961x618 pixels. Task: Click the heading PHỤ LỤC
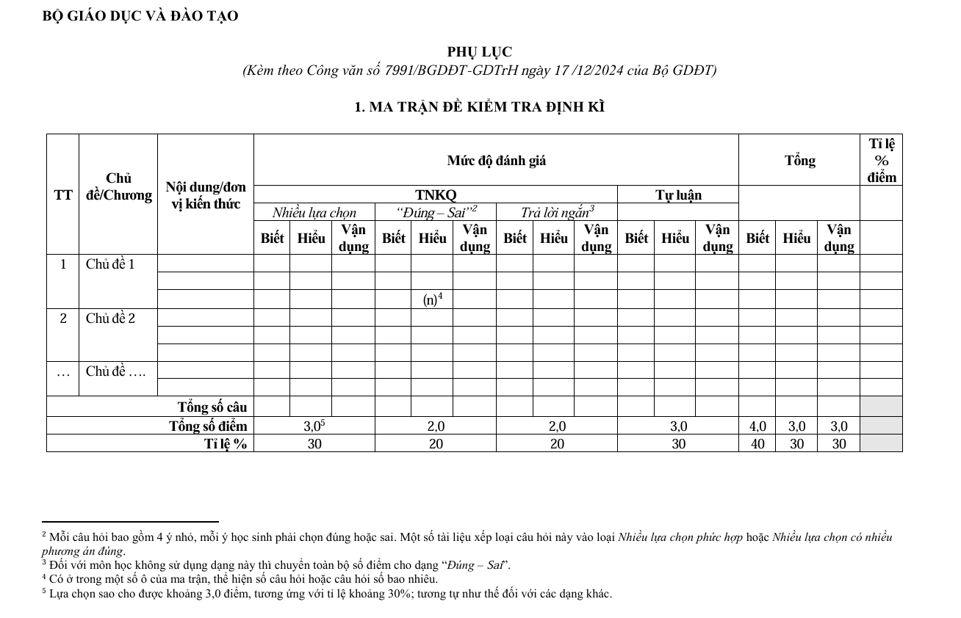480,52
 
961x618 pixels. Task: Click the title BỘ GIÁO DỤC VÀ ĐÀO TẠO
140,16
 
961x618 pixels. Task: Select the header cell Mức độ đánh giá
496,160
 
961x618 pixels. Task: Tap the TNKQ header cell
436,195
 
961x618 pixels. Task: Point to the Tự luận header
678,195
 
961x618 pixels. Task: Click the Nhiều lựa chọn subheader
314,213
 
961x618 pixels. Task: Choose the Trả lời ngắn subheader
557,213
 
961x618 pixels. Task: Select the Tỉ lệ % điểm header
881,160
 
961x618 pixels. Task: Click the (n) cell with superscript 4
432,299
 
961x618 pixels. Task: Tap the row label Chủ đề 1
110,264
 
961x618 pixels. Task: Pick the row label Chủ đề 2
110,319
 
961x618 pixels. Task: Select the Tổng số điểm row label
208,426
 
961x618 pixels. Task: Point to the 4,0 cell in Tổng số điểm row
757,426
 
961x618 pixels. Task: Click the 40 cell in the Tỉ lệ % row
757,443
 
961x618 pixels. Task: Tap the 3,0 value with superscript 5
314,426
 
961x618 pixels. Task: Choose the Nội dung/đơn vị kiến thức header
206,195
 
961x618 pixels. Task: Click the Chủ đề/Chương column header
118,186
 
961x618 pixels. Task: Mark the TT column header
63,195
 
